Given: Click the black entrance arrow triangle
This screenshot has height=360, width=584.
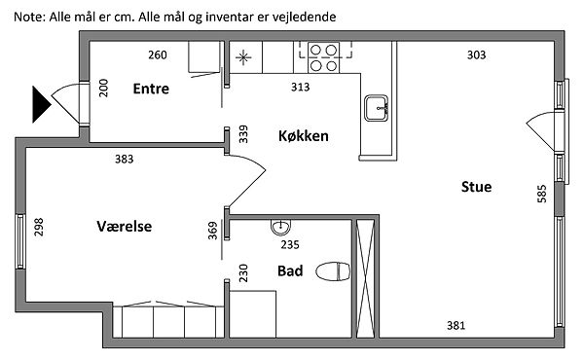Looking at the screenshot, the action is point(40,104).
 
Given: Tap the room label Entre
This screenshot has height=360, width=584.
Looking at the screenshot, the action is point(151,89).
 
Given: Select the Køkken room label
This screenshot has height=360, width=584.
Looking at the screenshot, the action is point(304,135).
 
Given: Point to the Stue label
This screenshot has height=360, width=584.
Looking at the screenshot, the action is point(476,187).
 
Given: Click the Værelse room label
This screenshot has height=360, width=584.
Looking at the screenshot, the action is point(125,227).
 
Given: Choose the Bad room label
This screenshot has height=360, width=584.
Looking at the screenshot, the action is point(290,270).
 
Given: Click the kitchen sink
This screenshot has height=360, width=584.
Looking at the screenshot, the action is point(376,108).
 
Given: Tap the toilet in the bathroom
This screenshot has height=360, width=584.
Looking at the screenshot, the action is point(333,271).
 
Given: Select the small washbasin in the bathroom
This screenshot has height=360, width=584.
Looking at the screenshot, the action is point(280,227).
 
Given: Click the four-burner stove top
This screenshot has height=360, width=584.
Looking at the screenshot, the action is point(323,57).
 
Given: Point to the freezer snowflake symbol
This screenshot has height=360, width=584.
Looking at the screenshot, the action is point(243,57).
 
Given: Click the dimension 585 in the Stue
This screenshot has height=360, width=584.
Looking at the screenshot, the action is point(542,194).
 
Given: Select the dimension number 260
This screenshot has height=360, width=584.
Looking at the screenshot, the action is point(158,55).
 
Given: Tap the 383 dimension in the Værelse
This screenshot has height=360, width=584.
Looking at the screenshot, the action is point(124,160).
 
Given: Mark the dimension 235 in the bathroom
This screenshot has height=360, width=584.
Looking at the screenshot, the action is point(290,245).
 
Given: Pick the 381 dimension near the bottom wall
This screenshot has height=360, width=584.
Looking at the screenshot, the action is point(456,326).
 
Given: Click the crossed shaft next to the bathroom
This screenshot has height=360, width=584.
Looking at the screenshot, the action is point(365,279).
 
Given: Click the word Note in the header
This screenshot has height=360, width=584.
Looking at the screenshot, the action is point(28,17).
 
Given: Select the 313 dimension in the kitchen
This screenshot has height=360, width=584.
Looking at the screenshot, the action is point(300,88).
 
